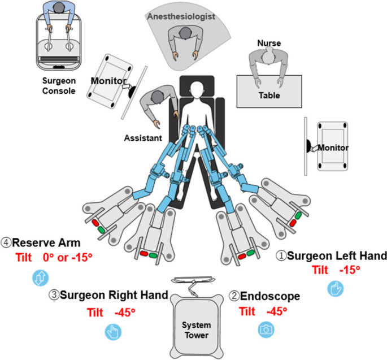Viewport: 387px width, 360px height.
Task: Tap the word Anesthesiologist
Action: click(181, 17)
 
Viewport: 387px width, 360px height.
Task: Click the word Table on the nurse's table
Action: click(269, 95)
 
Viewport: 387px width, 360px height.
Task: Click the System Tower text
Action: click(195, 329)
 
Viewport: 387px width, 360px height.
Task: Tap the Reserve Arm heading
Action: click(49, 243)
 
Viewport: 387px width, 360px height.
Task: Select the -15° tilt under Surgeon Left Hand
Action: click(349, 270)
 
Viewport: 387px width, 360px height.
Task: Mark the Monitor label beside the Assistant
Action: click(108, 81)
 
